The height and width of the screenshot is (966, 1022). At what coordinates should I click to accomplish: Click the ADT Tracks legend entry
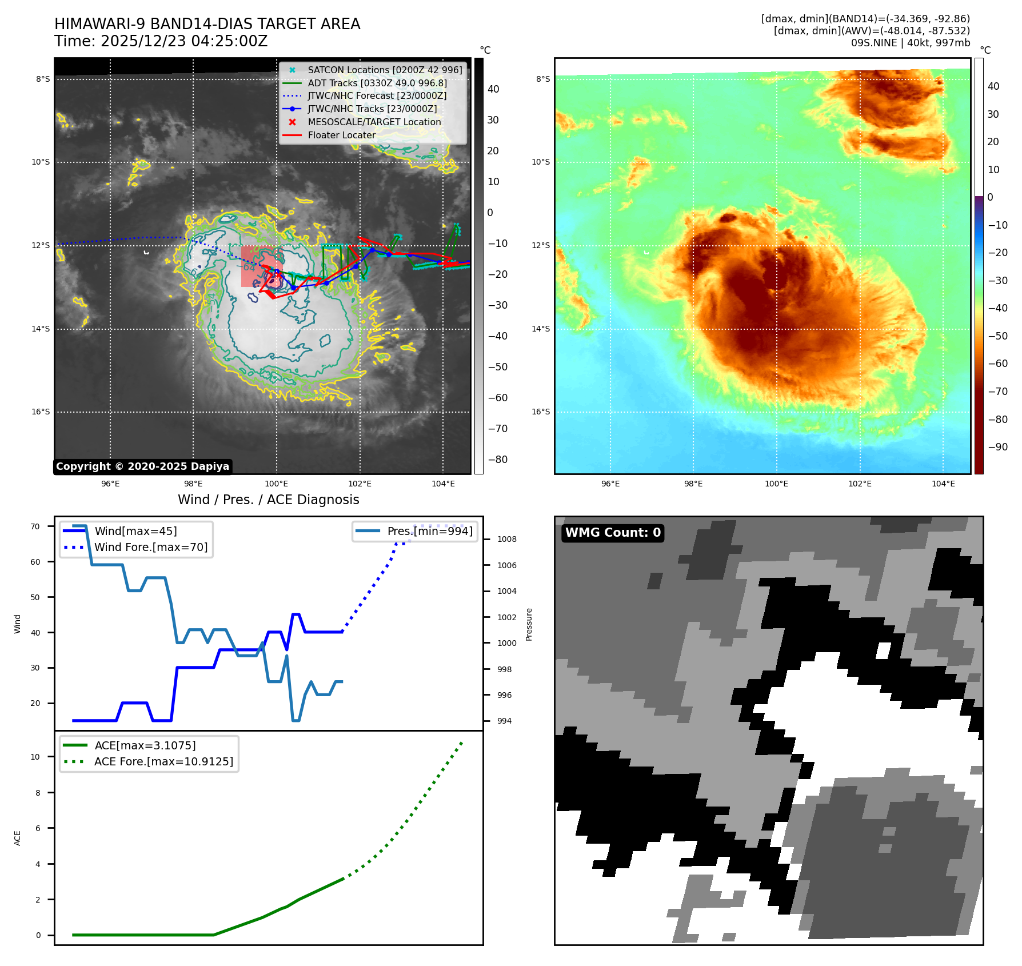click(377, 83)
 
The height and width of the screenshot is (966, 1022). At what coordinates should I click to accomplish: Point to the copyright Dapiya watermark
click(142, 466)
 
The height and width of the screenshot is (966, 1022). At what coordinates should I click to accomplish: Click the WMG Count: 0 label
click(613, 533)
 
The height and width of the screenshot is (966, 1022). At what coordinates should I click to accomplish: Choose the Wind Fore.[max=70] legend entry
click(151, 548)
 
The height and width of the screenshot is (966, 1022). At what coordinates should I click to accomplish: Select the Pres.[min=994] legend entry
click(430, 532)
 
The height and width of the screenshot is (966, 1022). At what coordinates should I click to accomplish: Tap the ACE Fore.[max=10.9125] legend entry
click(163, 762)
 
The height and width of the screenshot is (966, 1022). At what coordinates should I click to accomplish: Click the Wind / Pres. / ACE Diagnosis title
click(269, 500)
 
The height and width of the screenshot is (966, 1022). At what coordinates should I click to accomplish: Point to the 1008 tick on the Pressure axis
click(506, 540)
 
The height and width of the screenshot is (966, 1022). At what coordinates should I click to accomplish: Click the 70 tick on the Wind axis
click(35, 527)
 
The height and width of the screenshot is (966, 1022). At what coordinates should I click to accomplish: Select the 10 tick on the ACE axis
click(35, 757)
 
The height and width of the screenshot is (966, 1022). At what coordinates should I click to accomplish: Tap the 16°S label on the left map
click(41, 412)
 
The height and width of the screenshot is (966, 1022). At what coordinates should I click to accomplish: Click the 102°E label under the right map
click(860, 484)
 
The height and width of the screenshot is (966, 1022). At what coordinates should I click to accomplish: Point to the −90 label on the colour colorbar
click(998, 448)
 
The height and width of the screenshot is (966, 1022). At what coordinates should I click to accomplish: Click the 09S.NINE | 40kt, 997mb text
click(910, 43)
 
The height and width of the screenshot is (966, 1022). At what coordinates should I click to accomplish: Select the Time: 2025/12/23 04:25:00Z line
click(161, 42)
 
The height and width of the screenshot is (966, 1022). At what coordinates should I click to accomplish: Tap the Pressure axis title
click(529, 624)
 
